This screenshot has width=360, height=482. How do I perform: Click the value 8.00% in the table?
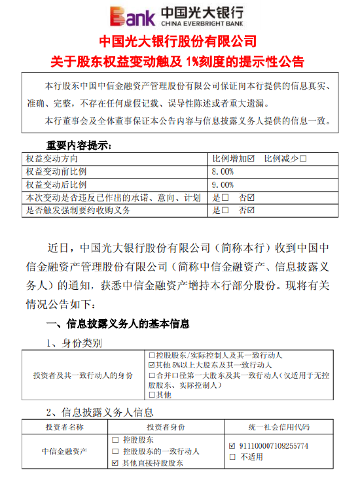click(223, 171)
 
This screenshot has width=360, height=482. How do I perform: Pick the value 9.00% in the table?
click(223, 184)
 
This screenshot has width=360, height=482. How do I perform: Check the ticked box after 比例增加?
click(251, 158)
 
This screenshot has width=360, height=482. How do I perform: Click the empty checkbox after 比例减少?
click(304, 158)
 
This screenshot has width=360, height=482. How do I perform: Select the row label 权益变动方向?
click(52, 158)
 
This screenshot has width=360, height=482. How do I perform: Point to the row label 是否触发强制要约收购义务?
click(78, 211)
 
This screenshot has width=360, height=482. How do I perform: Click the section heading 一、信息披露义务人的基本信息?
click(118, 324)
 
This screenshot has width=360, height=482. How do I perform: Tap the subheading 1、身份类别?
click(73, 343)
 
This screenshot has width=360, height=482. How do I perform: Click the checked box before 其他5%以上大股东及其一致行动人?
click(152, 364)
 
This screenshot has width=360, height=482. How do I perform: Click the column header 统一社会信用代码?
click(279, 427)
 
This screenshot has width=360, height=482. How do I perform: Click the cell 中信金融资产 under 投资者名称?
click(64, 451)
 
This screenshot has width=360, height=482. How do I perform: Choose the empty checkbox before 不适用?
click(232, 457)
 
